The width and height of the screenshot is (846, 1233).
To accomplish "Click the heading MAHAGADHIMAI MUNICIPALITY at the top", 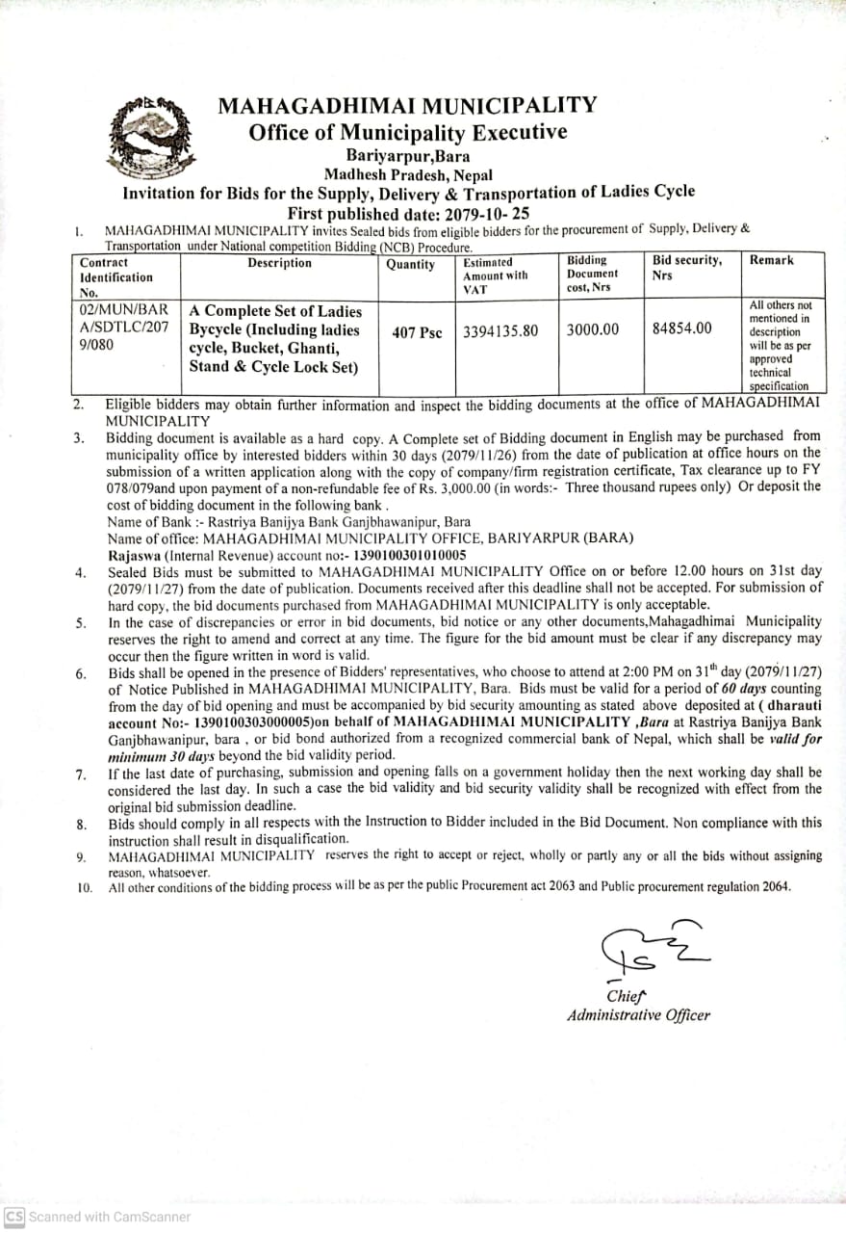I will (x=407, y=105).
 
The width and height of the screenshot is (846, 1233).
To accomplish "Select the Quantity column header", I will (x=410, y=265).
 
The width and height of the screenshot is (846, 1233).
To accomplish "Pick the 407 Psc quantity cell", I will (x=417, y=332).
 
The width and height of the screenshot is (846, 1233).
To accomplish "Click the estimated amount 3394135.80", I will (x=500, y=331).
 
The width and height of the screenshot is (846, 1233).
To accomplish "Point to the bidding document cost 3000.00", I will (x=592, y=329).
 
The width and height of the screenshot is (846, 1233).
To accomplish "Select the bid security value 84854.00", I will (x=681, y=328).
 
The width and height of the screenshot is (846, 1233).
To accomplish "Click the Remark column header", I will (x=771, y=260).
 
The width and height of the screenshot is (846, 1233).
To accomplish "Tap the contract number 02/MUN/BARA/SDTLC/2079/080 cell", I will (x=124, y=328).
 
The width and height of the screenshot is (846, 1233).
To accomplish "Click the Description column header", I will (x=279, y=263).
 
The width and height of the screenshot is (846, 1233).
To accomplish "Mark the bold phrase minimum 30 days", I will (x=149, y=755).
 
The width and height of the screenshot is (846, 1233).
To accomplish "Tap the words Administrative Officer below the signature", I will (x=638, y=1014).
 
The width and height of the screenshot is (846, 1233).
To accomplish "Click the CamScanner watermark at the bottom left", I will (x=96, y=1216).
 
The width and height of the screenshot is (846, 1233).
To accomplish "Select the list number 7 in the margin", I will (x=81, y=774).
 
